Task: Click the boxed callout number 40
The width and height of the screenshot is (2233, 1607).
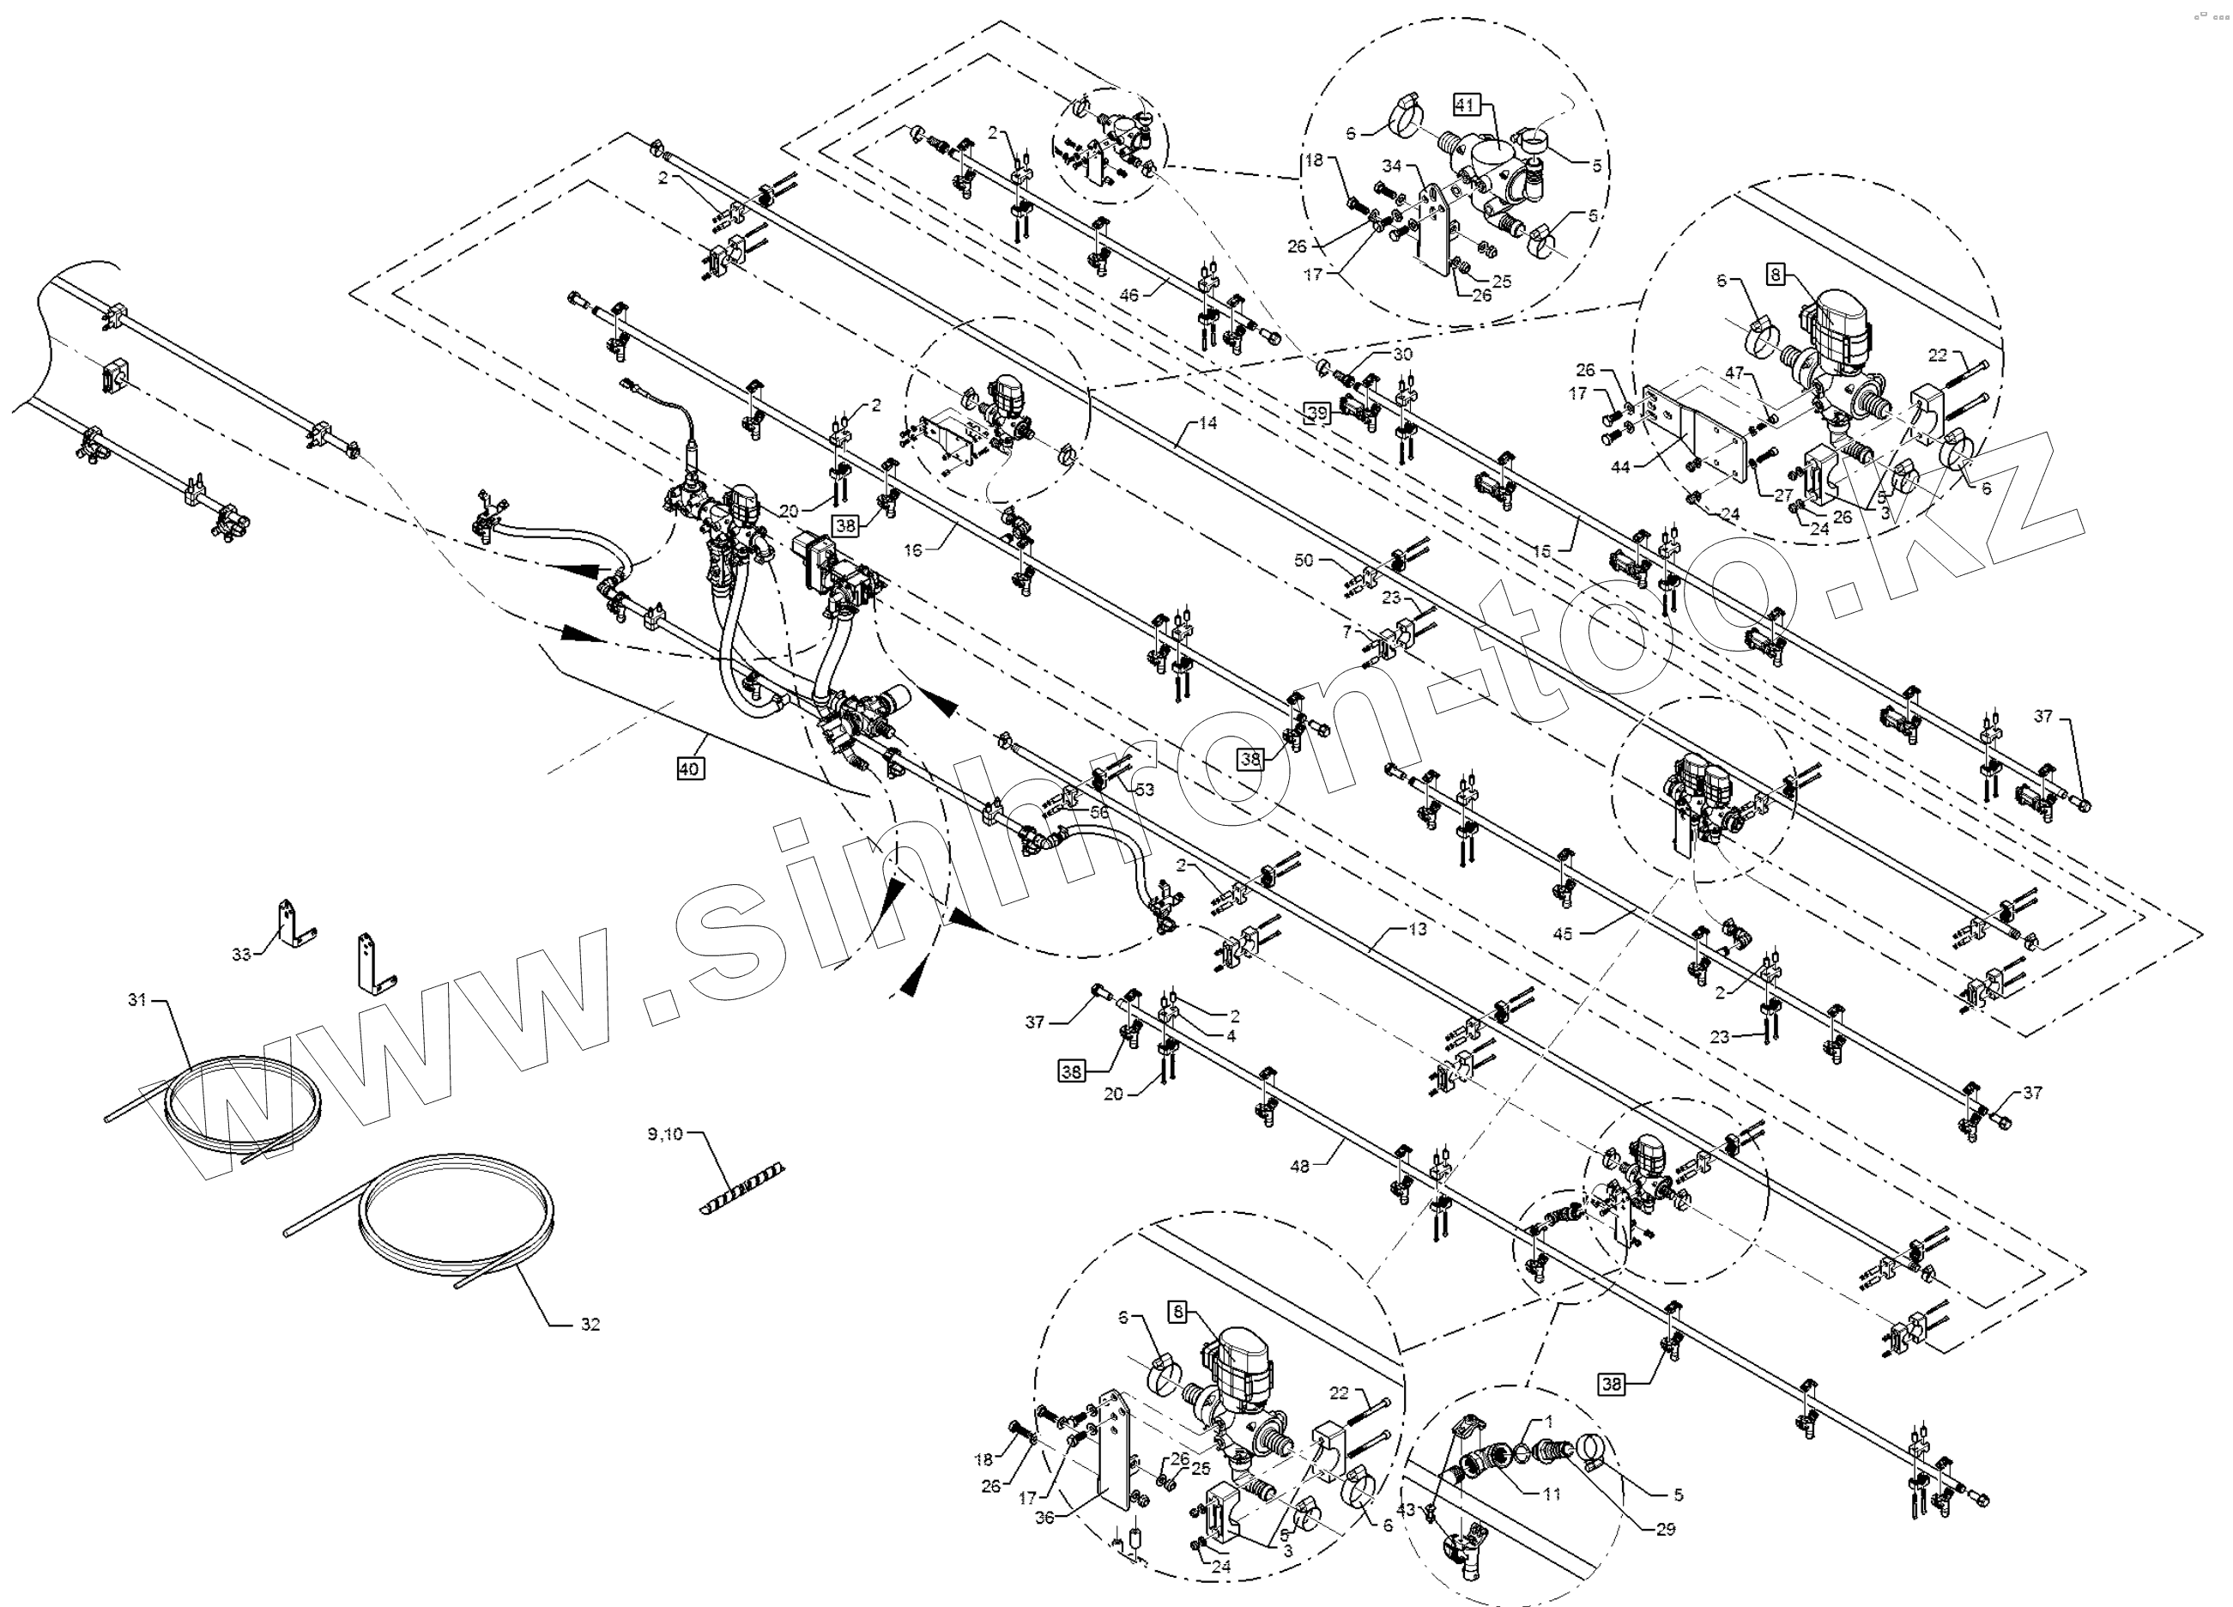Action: coord(689,768)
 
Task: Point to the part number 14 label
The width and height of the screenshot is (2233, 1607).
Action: coord(1207,423)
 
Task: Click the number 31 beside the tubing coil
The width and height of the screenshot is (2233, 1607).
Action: coord(136,1000)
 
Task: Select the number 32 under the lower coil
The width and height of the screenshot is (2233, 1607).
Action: coord(590,1325)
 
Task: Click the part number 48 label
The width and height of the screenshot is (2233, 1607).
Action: coord(1299,1167)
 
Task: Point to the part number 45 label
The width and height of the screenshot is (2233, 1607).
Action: coord(1563,933)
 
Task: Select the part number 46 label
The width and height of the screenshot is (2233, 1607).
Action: coord(1129,294)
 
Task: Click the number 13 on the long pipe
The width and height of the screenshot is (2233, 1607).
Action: coord(1417,929)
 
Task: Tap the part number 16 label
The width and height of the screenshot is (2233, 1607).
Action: coord(913,550)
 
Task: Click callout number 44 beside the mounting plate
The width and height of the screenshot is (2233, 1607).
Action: coord(1619,467)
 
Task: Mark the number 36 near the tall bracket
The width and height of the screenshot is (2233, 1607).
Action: coord(1044,1518)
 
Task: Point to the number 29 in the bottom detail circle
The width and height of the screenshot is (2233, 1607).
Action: coord(1665,1529)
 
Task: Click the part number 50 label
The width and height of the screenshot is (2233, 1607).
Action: coord(1304,561)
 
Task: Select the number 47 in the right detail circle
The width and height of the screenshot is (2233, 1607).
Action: coord(1734,374)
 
